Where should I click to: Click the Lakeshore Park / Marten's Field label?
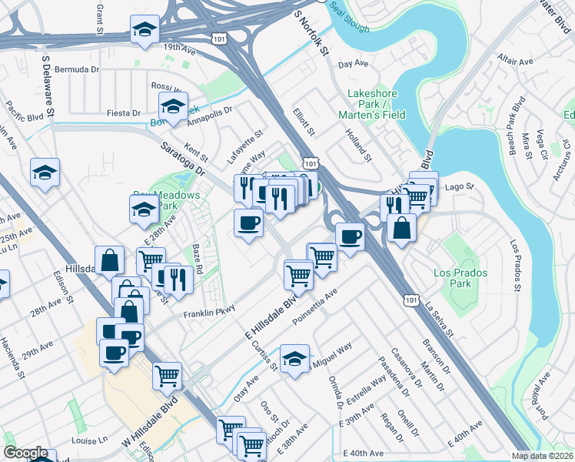pyautogui.click(x=372, y=104)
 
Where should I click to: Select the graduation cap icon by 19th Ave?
pyautogui.click(x=143, y=30)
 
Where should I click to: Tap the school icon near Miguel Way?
pyautogui.click(x=294, y=358)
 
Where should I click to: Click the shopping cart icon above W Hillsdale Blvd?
pyautogui.click(x=167, y=376)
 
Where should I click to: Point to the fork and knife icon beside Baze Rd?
pyautogui.click(x=178, y=279)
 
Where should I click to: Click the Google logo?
pyautogui.click(x=25, y=453)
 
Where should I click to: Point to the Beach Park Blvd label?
pyautogui.click(x=514, y=123)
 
